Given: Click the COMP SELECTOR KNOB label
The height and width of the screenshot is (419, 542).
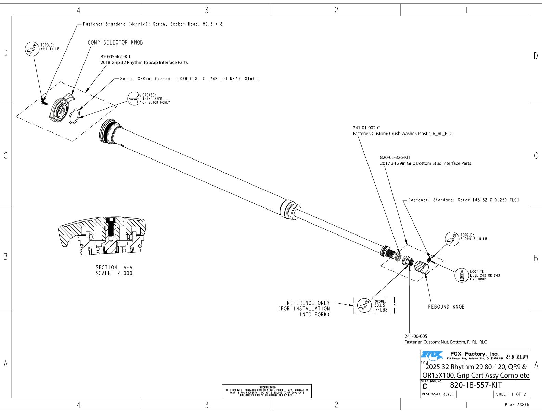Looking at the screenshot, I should [x=115, y=42].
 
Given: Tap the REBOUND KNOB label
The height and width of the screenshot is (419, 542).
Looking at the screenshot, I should [x=446, y=307].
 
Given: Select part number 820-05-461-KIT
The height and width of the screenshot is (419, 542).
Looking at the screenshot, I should [x=116, y=56].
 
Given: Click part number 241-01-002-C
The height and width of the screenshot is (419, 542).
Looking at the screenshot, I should [x=366, y=128].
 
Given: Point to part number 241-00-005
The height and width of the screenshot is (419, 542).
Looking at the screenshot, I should [x=416, y=336].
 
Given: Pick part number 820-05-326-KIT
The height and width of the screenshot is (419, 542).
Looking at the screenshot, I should [x=395, y=157].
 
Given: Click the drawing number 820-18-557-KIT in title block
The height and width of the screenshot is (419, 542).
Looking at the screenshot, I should [x=476, y=385].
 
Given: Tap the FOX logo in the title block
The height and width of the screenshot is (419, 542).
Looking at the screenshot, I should [x=432, y=356].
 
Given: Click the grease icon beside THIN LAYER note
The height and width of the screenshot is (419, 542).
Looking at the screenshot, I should [x=134, y=99].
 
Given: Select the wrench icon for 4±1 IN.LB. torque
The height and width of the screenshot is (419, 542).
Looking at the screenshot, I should [x=32, y=49].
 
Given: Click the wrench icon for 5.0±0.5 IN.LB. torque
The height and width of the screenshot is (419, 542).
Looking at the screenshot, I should [x=452, y=239].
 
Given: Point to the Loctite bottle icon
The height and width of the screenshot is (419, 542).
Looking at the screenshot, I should [x=462, y=275].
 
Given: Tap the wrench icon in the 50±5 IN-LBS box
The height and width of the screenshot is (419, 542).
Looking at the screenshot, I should [x=364, y=305].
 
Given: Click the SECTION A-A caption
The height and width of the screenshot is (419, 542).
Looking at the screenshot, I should [x=114, y=270].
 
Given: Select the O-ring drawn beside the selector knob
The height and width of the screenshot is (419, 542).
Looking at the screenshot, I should [x=75, y=116].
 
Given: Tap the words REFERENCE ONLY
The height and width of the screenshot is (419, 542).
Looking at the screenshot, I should [x=308, y=303].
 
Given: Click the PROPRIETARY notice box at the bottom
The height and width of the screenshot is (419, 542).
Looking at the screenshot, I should [x=267, y=391].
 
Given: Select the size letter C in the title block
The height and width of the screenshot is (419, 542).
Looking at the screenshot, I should [x=425, y=386].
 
